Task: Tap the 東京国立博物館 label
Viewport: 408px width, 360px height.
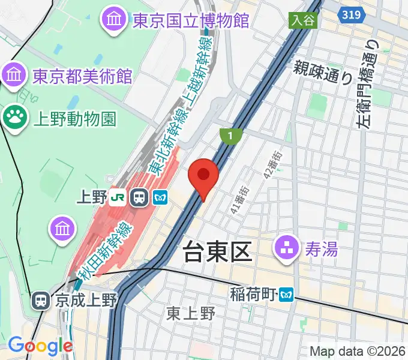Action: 190,20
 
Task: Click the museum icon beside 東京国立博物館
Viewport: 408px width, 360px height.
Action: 113,20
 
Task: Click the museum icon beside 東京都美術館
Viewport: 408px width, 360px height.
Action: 13,76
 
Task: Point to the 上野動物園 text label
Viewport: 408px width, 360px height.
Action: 73,116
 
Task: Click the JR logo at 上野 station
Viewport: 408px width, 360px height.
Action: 121,197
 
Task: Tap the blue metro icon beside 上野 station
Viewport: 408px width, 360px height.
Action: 160,197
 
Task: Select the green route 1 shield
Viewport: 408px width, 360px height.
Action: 229,136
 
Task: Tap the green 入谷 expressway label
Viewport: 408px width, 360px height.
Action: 303,20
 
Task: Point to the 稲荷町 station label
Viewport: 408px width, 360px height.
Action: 253,295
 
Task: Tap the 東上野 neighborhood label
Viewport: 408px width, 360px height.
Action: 191,313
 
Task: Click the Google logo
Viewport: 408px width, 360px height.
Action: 40,346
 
